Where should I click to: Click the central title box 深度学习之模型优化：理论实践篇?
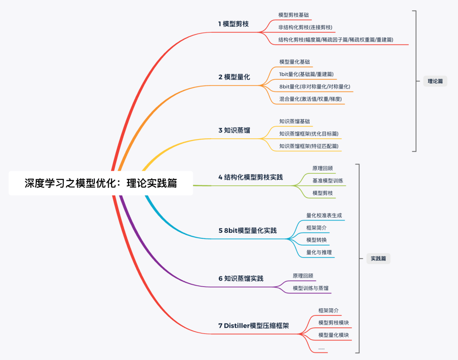(x=101, y=183)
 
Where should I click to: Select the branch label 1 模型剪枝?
(x=233, y=24)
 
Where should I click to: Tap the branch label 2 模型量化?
(x=234, y=77)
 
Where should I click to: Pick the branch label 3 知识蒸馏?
(x=234, y=130)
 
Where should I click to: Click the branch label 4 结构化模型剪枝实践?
(x=250, y=177)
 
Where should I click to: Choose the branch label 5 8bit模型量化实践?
(x=247, y=231)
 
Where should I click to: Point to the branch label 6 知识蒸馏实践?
(x=241, y=279)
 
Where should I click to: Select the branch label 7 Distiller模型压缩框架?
(x=254, y=326)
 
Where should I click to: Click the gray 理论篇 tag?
(x=435, y=81)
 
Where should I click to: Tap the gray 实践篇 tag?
(x=378, y=258)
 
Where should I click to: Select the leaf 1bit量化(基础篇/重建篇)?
(x=306, y=74)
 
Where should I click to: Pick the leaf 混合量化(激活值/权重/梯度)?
(x=310, y=99)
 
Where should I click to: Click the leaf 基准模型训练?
(x=328, y=181)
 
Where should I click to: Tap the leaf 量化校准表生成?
(x=324, y=215)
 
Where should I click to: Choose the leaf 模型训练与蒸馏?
(x=310, y=288)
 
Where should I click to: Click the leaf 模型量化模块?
(x=334, y=335)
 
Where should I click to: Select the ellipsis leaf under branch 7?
(x=321, y=348)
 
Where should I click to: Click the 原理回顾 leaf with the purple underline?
(x=303, y=276)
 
